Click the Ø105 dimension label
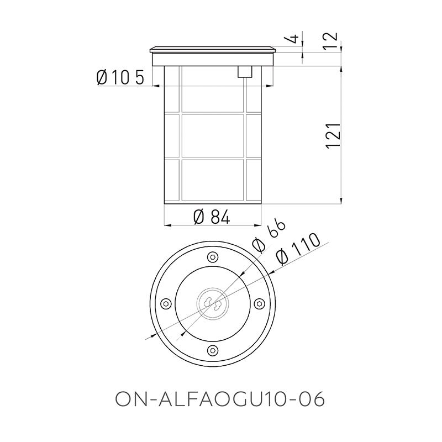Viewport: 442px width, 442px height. click(120, 78)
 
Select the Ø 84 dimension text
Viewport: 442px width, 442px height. click(212, 217)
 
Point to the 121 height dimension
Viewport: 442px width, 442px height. click(331, 135)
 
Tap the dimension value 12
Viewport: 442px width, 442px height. click(331, 40)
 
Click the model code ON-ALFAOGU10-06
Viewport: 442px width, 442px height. click(220, 399)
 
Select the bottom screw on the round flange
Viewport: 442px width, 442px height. click(213, 349)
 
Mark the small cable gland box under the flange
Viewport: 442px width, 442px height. click(244, 72)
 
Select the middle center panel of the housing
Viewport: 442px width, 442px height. click(213, 135)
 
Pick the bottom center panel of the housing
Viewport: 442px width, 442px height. click(213, 181)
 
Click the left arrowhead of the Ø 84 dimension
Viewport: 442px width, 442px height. click(167, 225)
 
